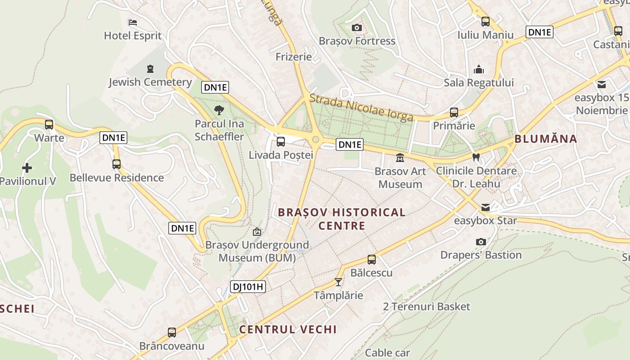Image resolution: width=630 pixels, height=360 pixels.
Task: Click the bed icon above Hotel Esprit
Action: click(x=132, y=22)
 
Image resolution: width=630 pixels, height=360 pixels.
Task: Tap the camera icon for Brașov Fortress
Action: click(x=357, y=28)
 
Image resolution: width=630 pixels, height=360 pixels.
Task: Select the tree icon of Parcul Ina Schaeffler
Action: click(x=219, y=110)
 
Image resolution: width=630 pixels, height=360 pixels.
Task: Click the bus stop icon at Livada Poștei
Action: click(x=281, y=142)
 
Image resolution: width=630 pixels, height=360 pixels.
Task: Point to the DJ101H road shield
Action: click(x=248, y=287)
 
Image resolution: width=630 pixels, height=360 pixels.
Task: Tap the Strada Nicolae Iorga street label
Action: click(x=361, y=108)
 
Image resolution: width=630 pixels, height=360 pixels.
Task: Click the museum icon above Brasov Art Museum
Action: click(x=400, y=158)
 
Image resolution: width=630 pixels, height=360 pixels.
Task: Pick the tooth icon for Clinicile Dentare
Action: click(x=476, y=157)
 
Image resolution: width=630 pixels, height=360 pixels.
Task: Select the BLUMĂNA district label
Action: click(x=545, y=139)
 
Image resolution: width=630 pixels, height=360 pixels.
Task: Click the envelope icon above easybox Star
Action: click(x=485, y=207)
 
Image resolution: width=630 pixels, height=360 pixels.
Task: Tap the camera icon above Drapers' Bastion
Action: click(x=481, y=242)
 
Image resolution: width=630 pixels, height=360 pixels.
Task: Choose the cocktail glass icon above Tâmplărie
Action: click(x=338, y=282)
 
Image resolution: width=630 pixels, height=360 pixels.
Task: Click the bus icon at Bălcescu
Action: click(x=371, y=260)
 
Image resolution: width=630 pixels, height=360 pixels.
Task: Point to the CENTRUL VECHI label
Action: click(x=288, y=329)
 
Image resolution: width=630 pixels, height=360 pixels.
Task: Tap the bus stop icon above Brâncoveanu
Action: click(x=171, y=333)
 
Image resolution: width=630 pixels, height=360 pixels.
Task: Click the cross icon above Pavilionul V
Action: click(x=27, y=168)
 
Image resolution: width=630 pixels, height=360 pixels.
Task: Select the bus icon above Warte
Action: click(x=49, y=124)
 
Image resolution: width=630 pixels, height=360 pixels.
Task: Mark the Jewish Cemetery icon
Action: click(x=150, y=69)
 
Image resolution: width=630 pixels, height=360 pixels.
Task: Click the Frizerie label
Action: click(x=293, y=57)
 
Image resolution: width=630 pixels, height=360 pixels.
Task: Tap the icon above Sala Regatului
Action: click(x=479, y=69)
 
